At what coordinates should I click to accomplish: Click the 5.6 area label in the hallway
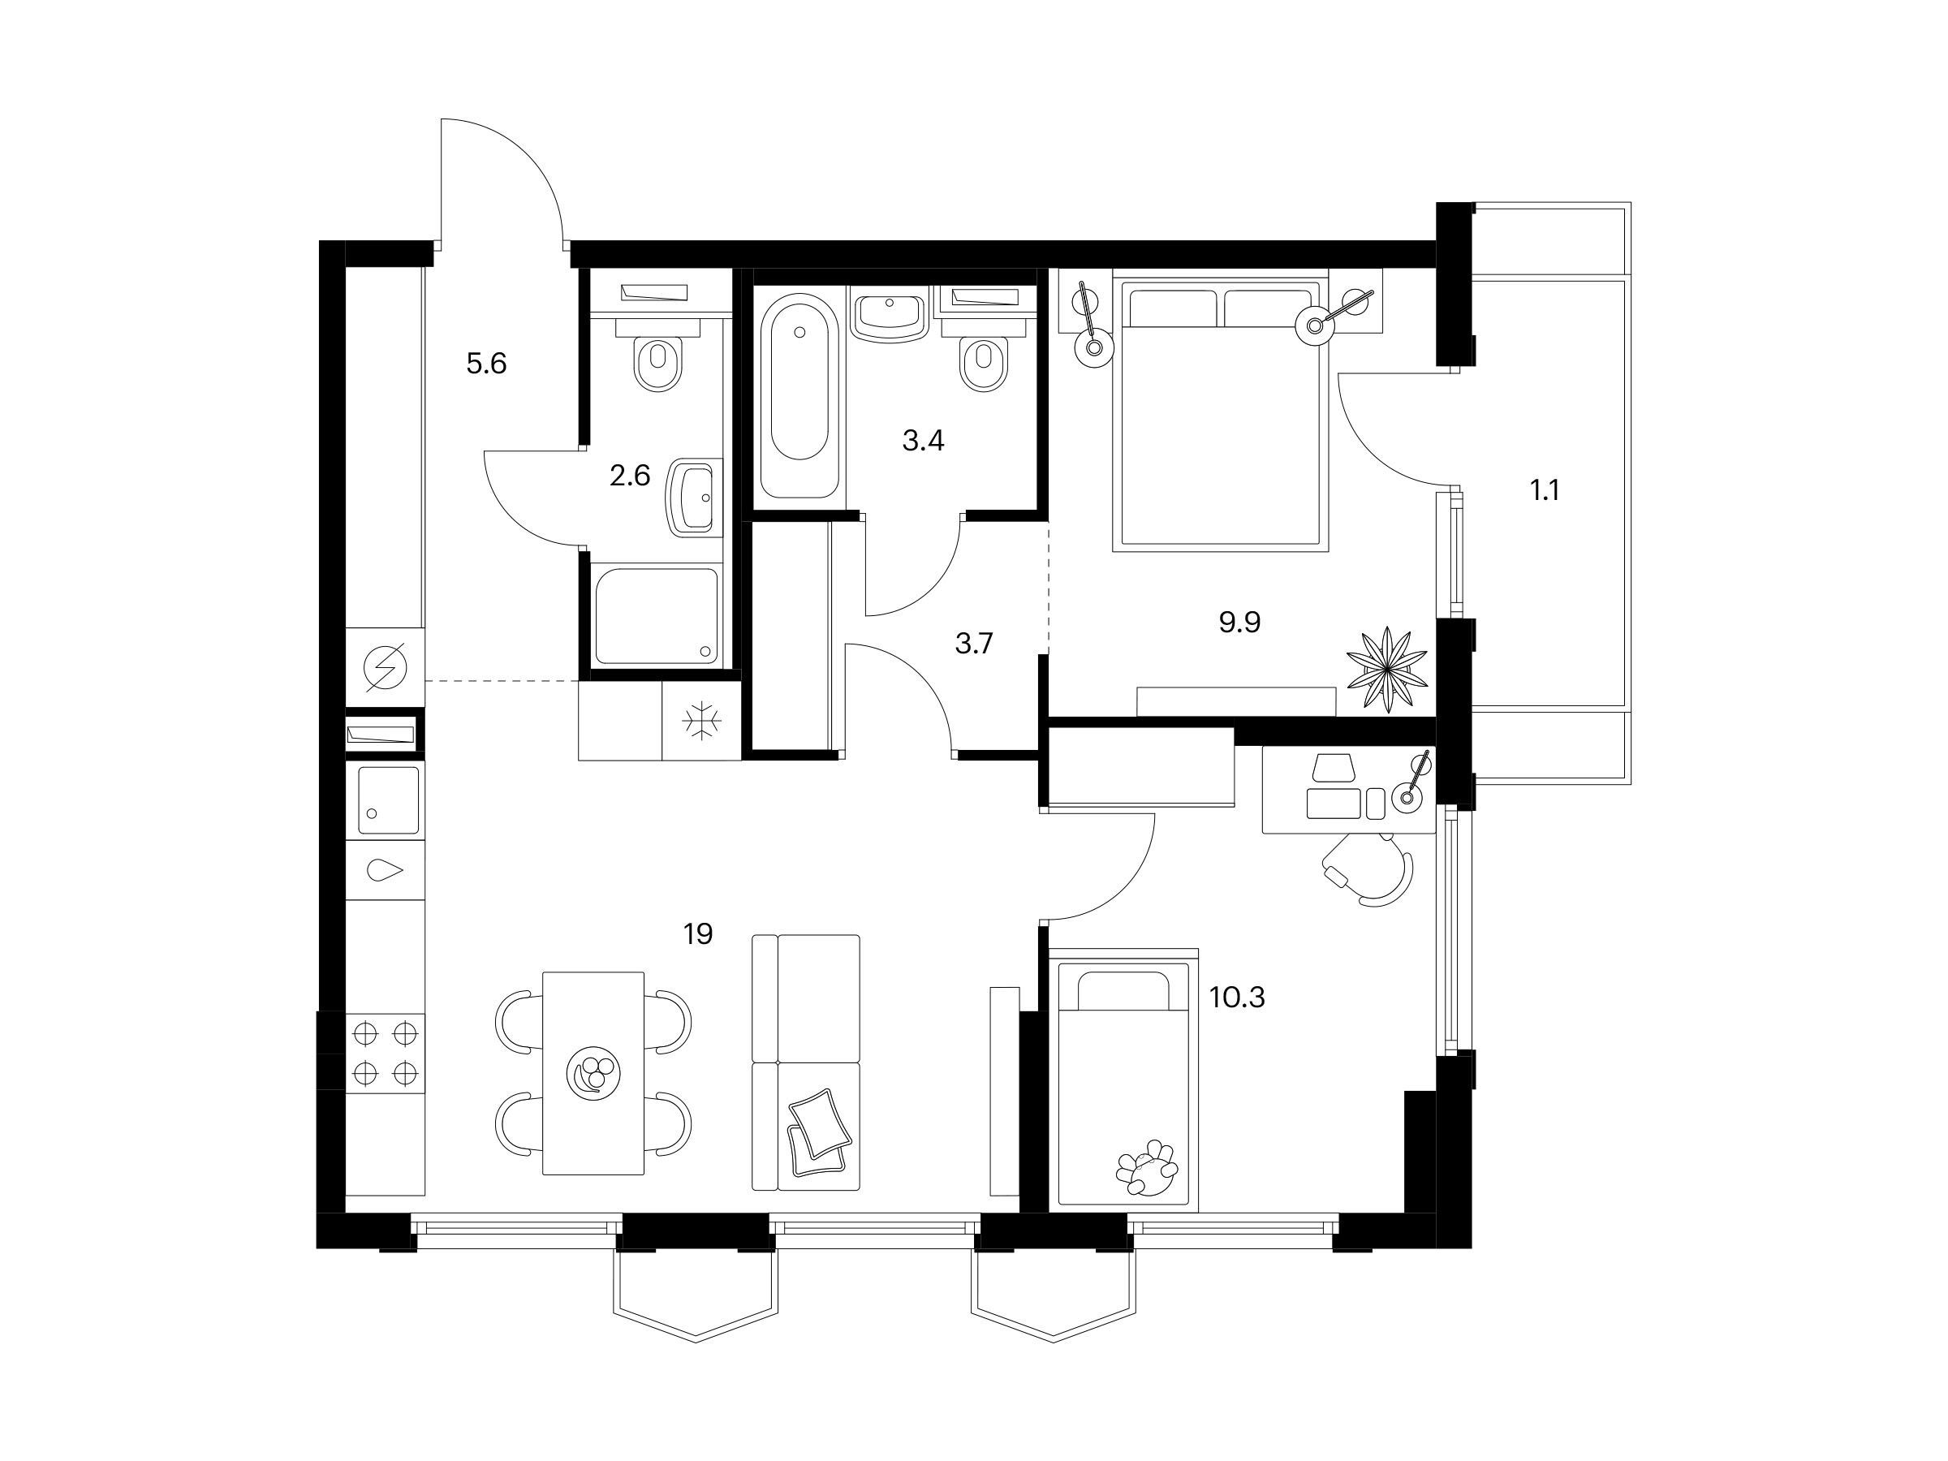[486, 363]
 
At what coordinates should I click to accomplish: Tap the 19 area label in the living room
[697, 933]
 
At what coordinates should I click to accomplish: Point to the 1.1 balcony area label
[1545, 490]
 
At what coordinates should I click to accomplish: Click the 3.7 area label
[974, 644]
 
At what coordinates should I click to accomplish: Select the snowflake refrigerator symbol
[701, 722]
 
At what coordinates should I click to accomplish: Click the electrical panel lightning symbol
[385, 667]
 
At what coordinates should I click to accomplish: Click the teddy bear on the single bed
[1147, 1168]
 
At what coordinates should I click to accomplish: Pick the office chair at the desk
[1368, 869]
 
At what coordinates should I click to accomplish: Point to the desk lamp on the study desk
[1412, 783]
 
